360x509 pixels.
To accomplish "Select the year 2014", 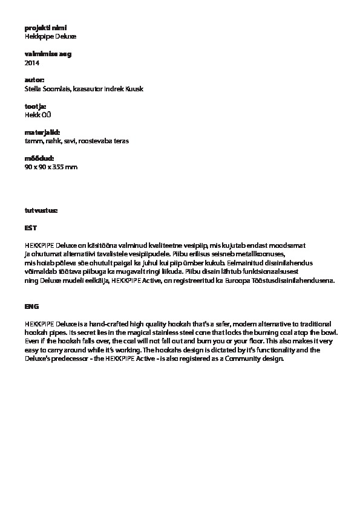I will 31,62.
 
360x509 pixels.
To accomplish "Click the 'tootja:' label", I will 35,106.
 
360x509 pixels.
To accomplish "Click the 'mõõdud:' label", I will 39,158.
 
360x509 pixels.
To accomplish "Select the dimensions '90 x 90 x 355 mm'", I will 51,167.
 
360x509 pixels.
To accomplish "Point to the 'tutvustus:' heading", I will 41,210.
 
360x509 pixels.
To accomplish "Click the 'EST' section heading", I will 30,228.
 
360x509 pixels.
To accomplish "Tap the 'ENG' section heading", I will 31,306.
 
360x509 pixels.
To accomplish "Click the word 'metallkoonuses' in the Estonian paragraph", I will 254,254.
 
